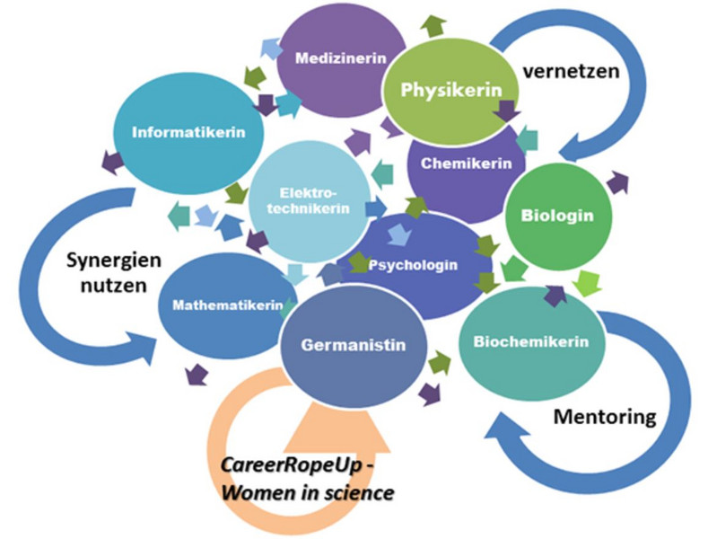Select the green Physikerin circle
pos(448,90)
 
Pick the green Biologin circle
pos(557,216)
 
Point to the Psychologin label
pos(425,265)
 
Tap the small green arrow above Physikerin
pos(434,25)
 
